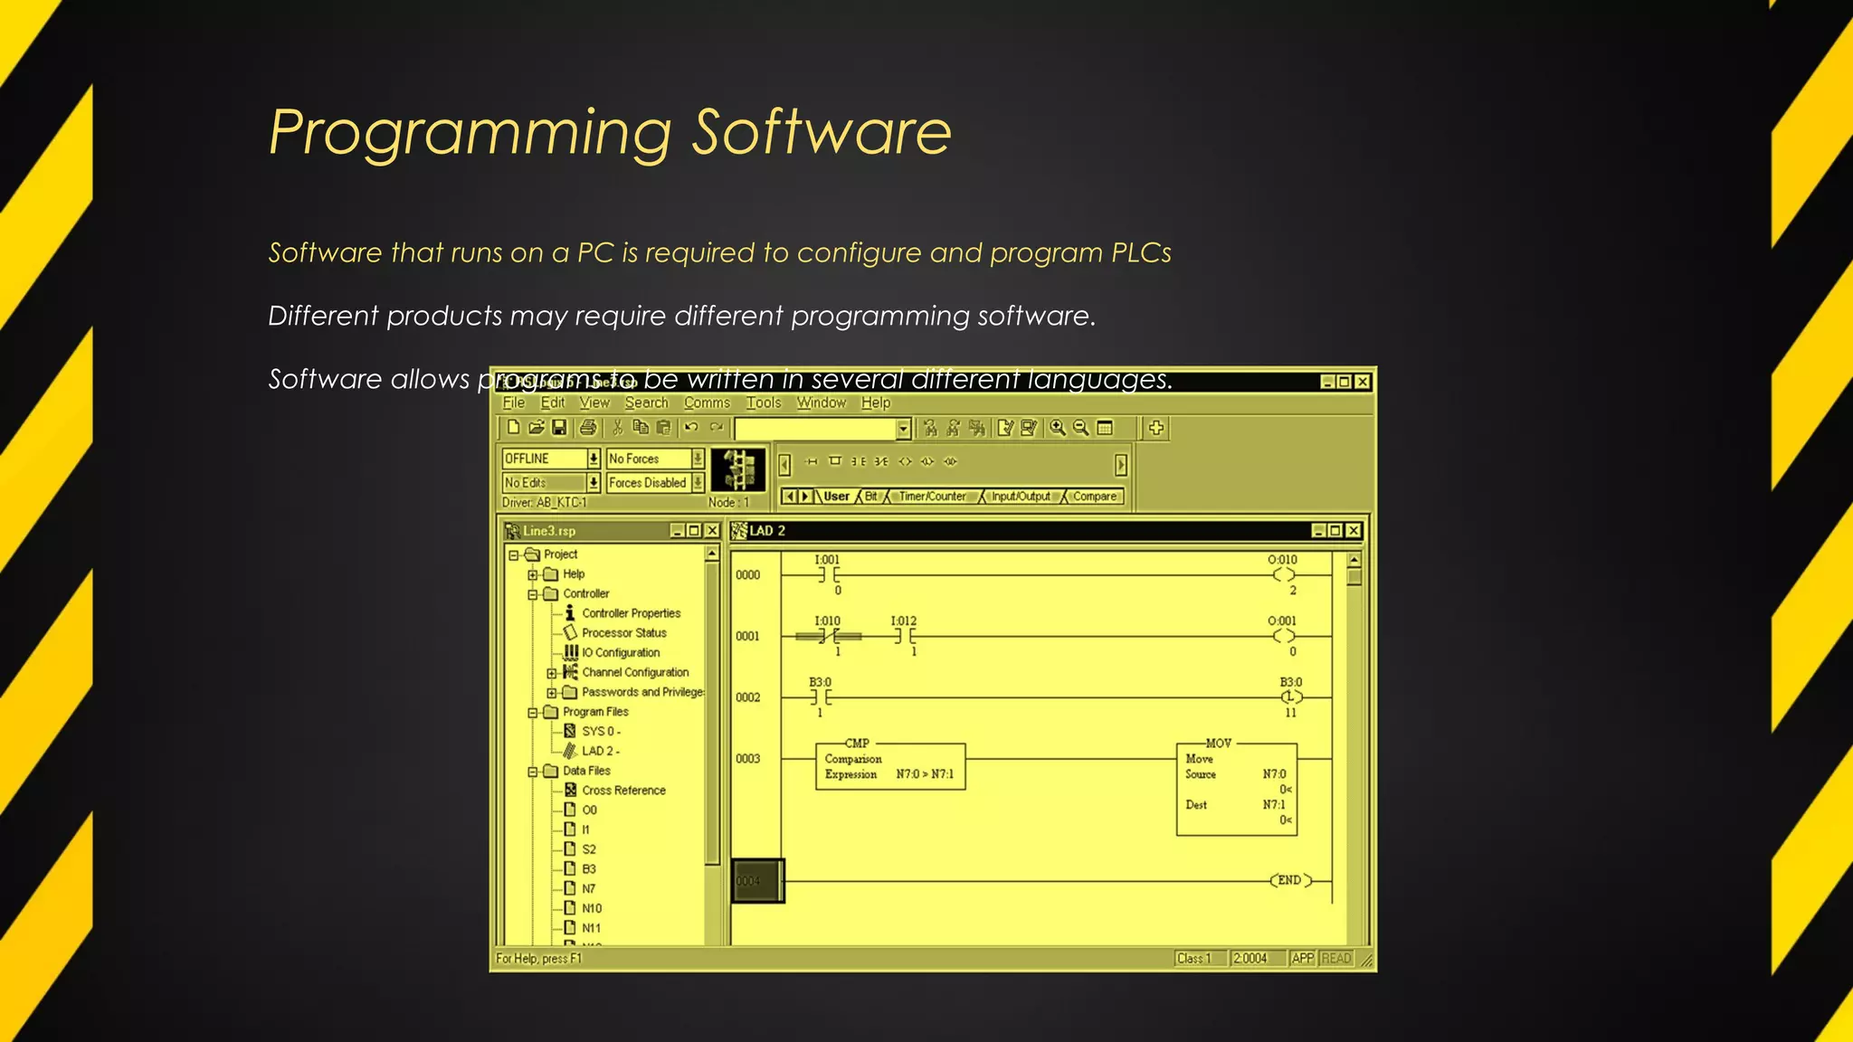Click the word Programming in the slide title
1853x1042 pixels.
point(470,133)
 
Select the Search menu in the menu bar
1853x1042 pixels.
point(646,403)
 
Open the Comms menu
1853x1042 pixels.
point(707,403)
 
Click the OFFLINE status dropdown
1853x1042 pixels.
point(550,459)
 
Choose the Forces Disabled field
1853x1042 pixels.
point(647,483)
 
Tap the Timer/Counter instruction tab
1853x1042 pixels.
point(932,497)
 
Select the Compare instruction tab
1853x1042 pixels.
point(1094,497)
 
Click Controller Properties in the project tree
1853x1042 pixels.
point(631,613)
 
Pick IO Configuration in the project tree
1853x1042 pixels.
point(621,653)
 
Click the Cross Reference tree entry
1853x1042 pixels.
point(623,791)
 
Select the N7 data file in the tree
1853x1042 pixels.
point(588,889)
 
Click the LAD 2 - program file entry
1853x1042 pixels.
point(600,751)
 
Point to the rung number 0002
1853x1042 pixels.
point(748,697)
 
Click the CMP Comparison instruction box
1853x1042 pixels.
point(889,766)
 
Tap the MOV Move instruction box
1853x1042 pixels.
point(1236,788)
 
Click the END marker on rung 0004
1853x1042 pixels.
point(1289,880)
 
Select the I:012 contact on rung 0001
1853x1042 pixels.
point(904,636)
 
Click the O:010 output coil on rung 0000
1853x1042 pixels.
point(1283,575)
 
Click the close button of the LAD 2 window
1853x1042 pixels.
point(1354,531)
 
